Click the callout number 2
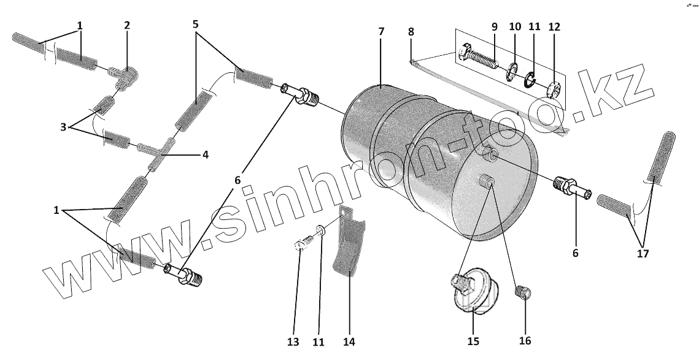[x=127, y=26]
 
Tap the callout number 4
[x=205, y=155]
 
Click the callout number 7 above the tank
[x=381, y=31]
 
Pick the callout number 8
[x=411, y=31]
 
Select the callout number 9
[x=494, y=28]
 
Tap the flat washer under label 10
[x=511, y=74]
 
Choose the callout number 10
[x=515, y=28]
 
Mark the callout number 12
[x=554, y=28]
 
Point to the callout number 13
[x=293, y=342]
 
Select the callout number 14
[x=349, y=342]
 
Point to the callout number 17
[x=642, y=253]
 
